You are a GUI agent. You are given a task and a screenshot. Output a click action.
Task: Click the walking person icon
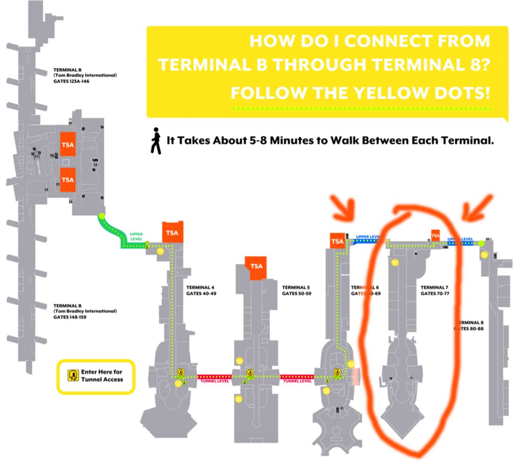point(156,141)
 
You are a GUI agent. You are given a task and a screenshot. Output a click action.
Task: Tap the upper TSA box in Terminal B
point(68,144)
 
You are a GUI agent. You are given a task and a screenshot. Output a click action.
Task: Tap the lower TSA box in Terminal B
point(68,180)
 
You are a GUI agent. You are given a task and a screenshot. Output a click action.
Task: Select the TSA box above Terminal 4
point(172,233)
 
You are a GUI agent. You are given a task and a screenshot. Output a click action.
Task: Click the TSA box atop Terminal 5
point(256,267)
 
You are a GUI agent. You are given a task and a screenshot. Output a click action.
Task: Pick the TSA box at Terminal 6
point(337,241)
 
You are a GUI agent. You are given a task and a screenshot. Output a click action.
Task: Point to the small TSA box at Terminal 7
point(435,235)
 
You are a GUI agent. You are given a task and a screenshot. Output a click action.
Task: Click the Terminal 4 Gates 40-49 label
point(201,290)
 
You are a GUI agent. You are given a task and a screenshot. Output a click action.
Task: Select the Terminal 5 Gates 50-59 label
point(296,290)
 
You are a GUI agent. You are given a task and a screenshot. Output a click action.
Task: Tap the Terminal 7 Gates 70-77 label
point(435,290)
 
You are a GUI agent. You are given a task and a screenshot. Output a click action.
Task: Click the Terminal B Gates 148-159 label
point(85,311)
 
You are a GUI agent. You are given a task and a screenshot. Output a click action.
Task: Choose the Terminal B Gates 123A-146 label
point(85,75)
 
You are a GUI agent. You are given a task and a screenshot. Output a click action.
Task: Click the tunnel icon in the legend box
point(73,375)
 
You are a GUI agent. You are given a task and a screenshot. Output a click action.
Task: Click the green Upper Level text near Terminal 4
point(136,236)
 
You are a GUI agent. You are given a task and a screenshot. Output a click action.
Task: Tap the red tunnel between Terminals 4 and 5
point(214,377)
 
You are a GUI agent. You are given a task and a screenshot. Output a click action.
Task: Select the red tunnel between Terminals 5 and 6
point(297,377)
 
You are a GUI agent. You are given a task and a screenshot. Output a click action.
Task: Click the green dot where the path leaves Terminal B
point(102,216)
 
